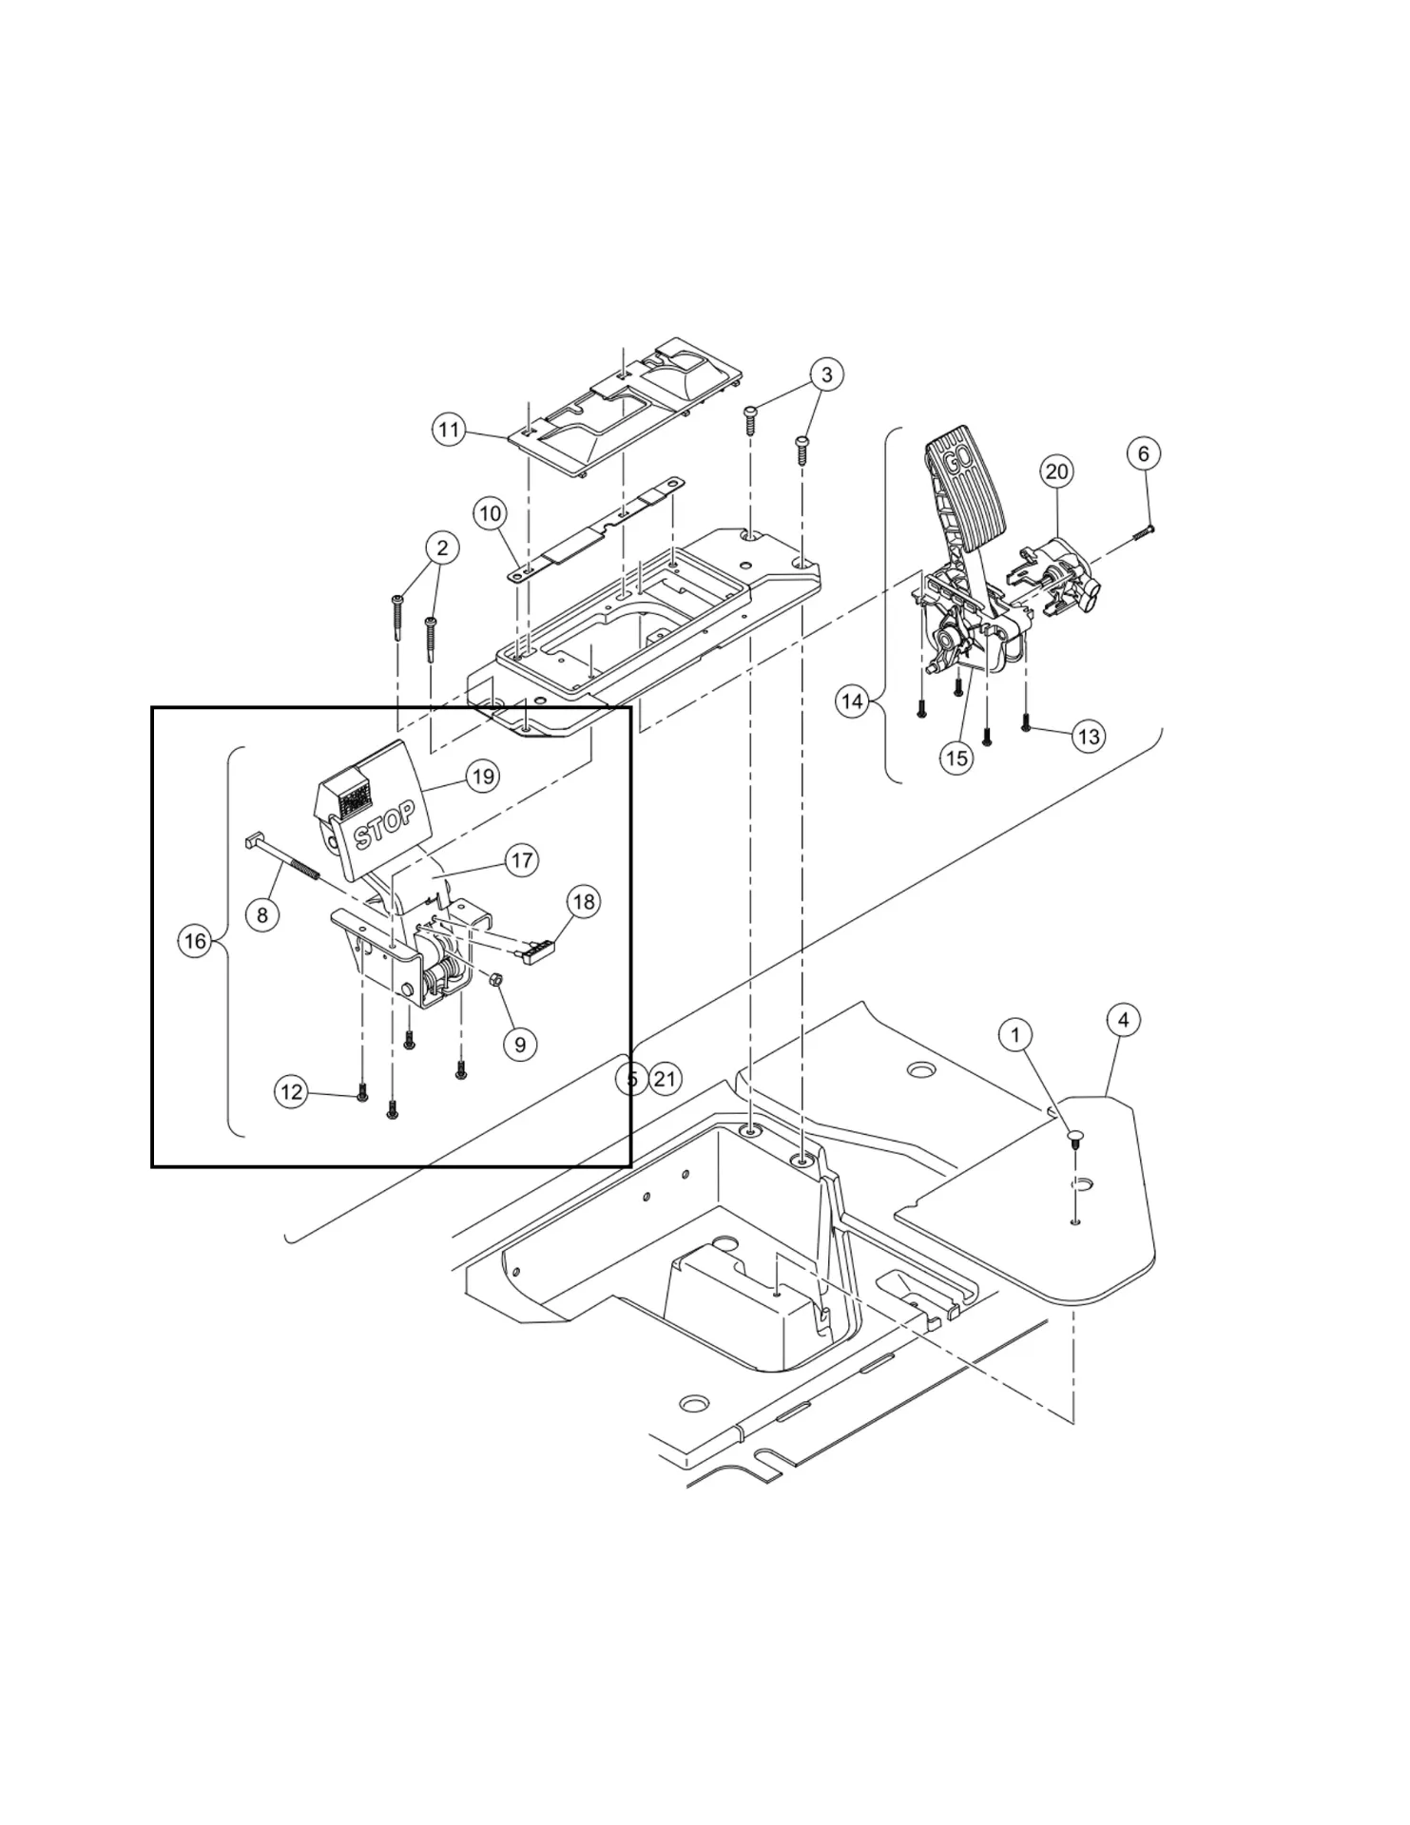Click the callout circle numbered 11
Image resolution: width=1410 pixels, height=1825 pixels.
pyautogui.click(x=449, y=431)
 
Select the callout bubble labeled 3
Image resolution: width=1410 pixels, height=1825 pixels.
pyautogui.click(x=826, y=375)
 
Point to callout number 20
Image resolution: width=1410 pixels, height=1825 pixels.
pyautogui.click(x=1056, y=471)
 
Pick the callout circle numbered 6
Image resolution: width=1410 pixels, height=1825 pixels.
pyautogui.click(x=1144, y=453)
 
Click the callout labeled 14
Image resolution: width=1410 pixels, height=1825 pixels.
pyautogui.click(x=853, y=701)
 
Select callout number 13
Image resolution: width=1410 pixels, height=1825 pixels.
pyautogui.click(x=1089, y=736)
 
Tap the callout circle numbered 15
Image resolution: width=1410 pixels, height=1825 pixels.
pyautogui.click(x=956, y=758)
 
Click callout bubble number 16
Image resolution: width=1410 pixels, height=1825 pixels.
pyautogui.click(x=195, y=941)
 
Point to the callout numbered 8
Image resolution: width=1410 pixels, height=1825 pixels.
pyautogui.click(x=262, y=914)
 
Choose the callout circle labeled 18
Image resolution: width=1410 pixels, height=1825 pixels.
pyautogui.click(x=584, y=901)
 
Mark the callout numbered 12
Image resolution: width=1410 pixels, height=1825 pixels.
pyautogui.click(x=292, y=1092)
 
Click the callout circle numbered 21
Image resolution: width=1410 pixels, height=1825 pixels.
pyautogui.click(x=665, y=1079)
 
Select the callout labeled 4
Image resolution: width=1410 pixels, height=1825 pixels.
pyautogui.click(x=1124, y=1020)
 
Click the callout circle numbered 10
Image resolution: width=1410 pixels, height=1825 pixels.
pyautogui.click(x=490, y=514)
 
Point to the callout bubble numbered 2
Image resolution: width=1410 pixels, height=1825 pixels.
pyautogui.click(x=442, y=547)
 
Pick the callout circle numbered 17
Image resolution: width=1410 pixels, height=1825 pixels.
pyautogui.click(x=522, y=860)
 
